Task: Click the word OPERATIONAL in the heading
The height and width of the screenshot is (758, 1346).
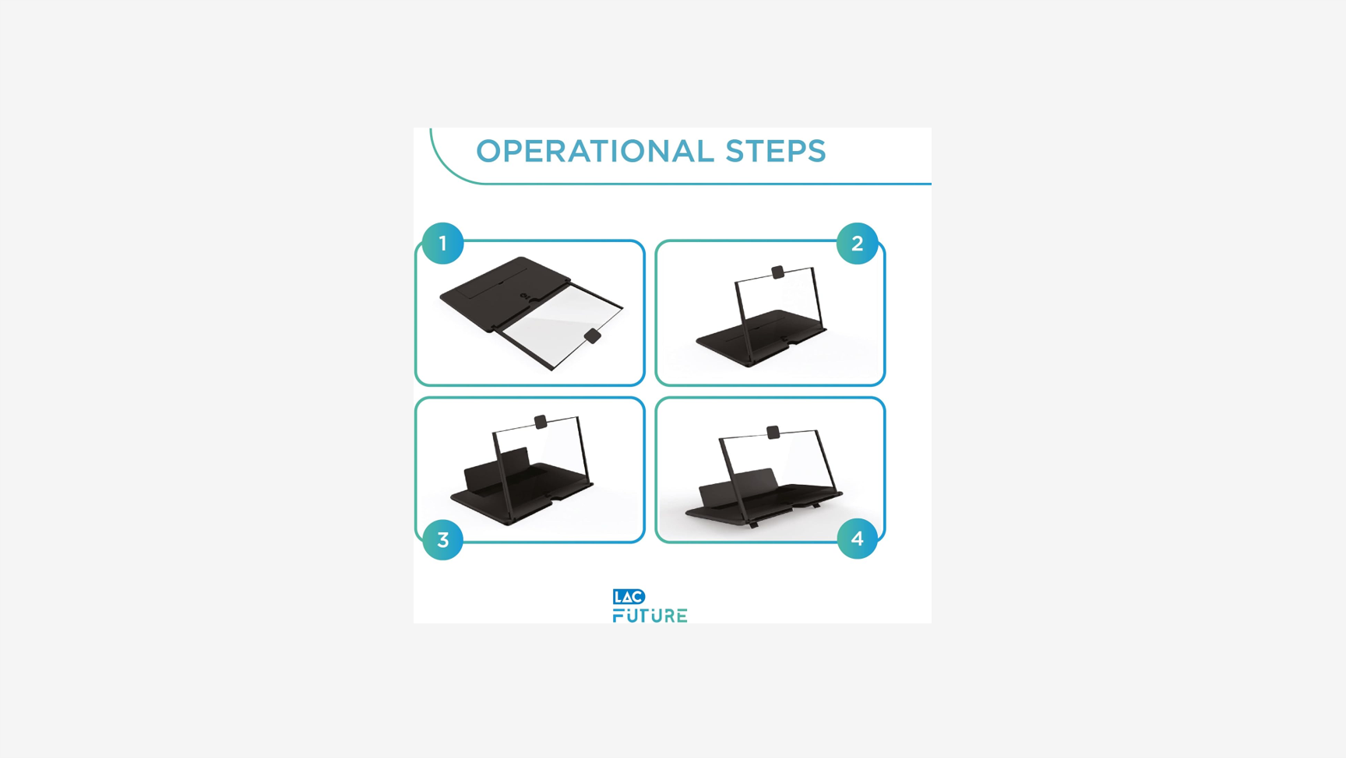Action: [x=594, y=151]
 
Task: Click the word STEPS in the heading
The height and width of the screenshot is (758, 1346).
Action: [x=775, y=151]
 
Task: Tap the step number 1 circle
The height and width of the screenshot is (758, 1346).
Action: [x=442, y=244]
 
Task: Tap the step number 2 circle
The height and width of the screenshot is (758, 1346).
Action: [x=857, y=244]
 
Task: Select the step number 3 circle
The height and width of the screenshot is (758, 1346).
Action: [x=442, y=539]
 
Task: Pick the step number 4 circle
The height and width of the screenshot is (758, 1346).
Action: [x=857, y=539]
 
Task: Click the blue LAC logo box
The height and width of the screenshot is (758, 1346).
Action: [x=629, y=597]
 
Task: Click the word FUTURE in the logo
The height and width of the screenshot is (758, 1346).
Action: [x=650, y=616]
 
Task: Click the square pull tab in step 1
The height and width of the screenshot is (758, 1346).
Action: [x=593, y=336]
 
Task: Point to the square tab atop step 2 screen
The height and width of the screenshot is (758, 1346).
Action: [x=777, y=272]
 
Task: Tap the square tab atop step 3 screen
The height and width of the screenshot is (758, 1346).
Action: [x=541, y=422]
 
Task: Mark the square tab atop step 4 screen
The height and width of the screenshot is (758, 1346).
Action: [x=773, y=432]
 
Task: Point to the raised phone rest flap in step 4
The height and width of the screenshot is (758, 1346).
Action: [x=737, y=486]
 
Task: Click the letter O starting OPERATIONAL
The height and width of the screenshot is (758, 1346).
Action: [x=489, y=151]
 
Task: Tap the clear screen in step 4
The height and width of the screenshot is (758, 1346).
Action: [x=779, y=467]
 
